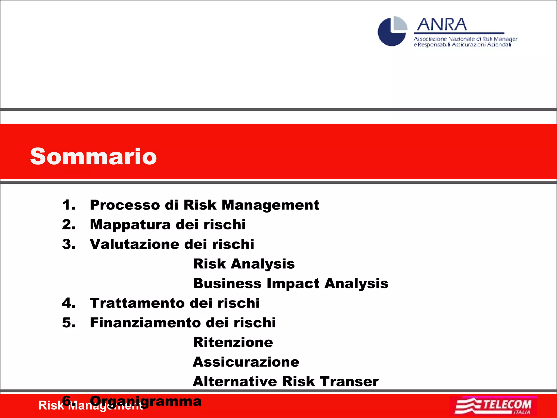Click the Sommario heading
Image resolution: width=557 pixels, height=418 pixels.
[93, 156]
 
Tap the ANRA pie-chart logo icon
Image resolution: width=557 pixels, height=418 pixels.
[392, 32]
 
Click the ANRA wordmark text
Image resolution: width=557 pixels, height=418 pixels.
[442, 25]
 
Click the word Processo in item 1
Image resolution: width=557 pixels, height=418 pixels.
[125, 205]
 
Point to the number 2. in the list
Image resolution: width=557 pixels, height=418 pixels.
[69, 225]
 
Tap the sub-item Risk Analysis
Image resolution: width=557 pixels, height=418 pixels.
[244, 264]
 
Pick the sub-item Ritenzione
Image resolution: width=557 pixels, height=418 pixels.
[233, 342]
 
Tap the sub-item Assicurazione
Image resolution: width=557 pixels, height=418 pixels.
[246, 362]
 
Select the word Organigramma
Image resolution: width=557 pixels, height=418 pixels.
[146, 401]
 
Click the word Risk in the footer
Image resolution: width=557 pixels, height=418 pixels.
[51, 406]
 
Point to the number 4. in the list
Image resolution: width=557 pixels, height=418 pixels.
[69, 303]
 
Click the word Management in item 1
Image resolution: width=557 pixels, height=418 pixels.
[270, 205]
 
